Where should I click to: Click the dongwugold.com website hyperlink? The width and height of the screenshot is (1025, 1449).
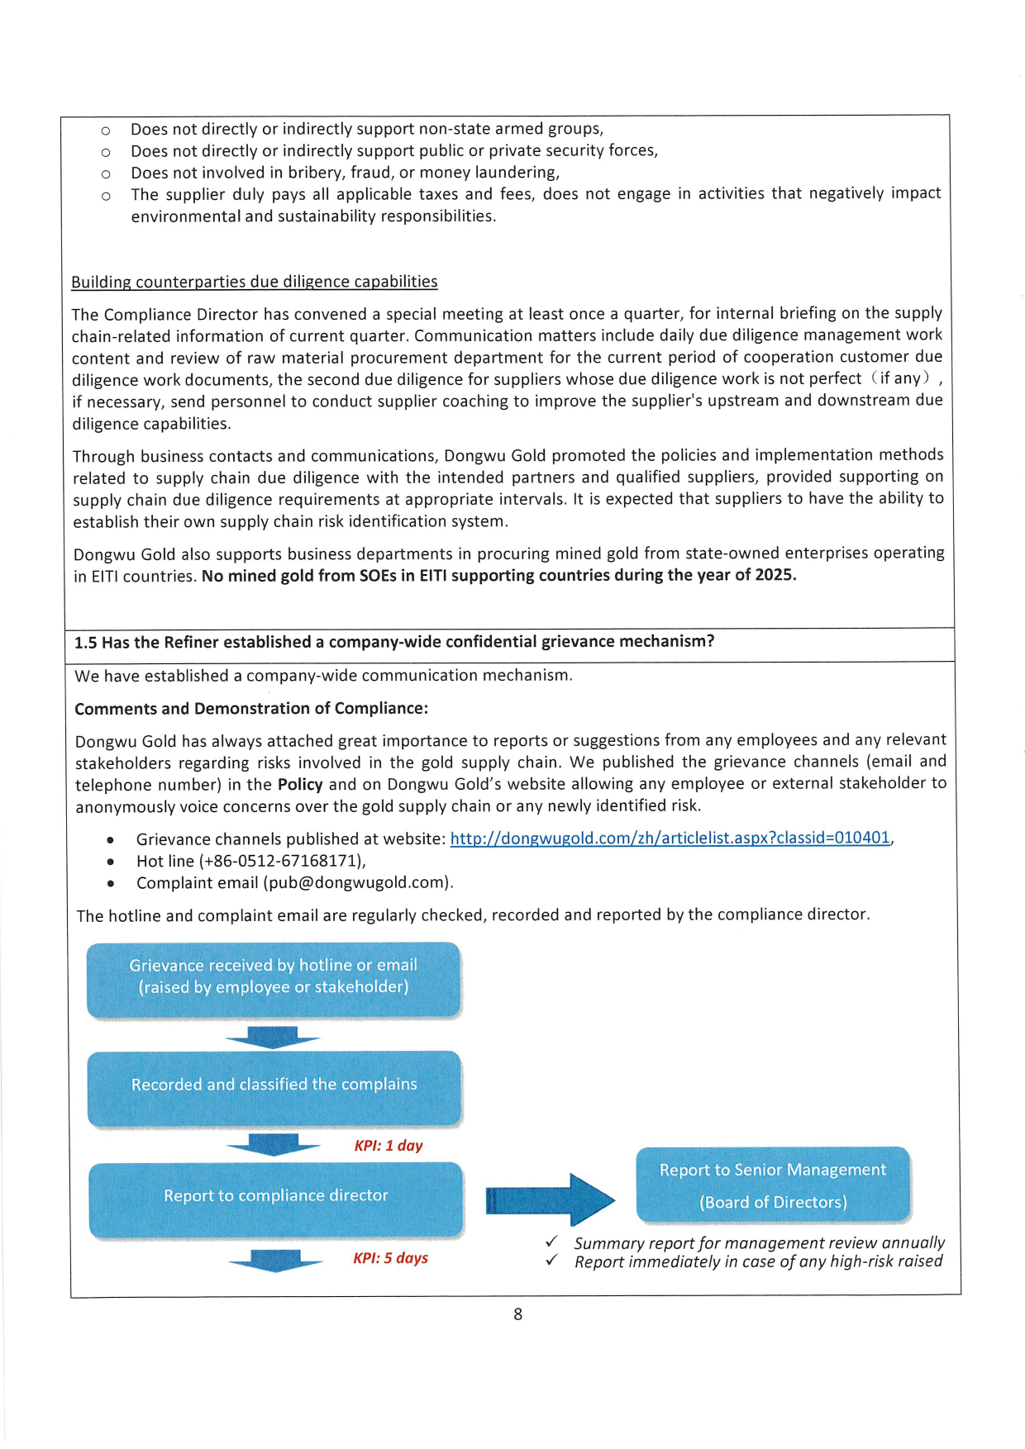(670, 838)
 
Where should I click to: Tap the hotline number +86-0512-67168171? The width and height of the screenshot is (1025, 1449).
(282, 861)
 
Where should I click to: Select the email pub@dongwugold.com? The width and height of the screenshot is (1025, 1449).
(358, 882)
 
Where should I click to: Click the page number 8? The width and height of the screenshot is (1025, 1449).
(517, 1314)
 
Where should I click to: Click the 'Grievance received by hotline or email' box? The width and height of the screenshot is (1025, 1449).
(274, 978)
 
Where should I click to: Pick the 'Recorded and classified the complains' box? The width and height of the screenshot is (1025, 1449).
(274, 1086)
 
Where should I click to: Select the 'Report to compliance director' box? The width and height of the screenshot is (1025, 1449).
(275, 1197)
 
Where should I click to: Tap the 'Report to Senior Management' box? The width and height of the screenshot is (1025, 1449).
(772, 1185)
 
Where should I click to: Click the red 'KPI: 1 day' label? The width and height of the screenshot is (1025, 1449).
(389, 1146)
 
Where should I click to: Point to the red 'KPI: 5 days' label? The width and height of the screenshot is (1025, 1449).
(390, 1258)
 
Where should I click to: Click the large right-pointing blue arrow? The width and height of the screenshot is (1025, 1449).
(551, 1200)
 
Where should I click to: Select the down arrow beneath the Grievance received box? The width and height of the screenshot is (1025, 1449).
(273, 1038)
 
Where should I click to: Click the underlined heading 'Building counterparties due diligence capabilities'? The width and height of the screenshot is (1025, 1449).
(254, 282)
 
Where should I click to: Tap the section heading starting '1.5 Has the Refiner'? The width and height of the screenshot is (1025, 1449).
(394, 643)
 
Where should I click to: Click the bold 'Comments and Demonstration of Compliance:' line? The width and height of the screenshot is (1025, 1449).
(251, 709)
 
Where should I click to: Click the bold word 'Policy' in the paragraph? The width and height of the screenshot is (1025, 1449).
(299, 785)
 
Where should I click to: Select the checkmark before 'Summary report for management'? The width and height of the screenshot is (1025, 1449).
(552, 1242)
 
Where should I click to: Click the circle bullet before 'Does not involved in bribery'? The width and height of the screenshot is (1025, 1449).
(106, 174)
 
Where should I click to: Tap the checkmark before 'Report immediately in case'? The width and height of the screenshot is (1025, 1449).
(552, 1261)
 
